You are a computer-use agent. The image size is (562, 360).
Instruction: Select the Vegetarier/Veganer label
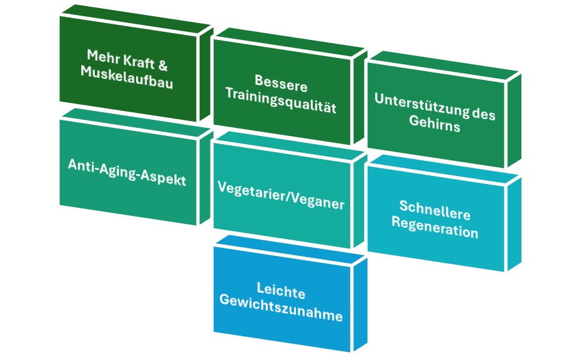(281, 195)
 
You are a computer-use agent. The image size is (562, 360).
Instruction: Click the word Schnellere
(435, 211)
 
